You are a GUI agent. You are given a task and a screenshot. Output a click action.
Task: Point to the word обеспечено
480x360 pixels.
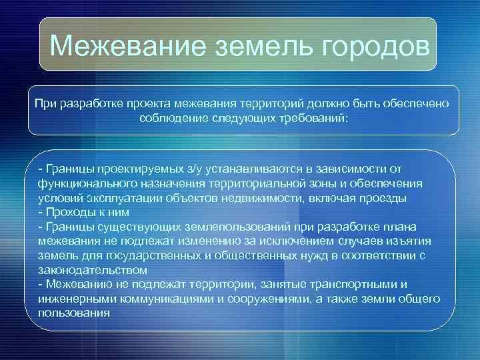418,104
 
